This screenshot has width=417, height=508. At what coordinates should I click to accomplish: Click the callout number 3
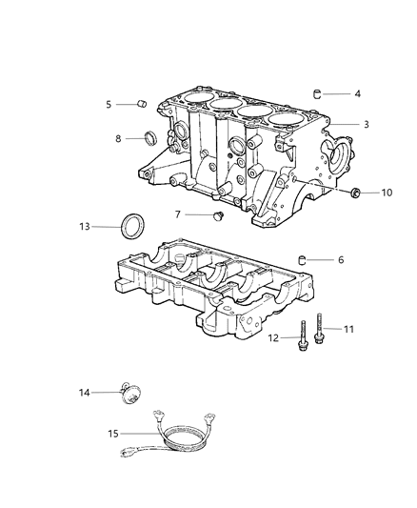(x=365, y=125)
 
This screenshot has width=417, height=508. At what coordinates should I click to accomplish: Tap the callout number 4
(x=357, y=94)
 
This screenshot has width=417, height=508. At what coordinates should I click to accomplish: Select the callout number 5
(x=109, y=104)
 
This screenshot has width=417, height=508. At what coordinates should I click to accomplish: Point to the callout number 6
(x=341, y=259)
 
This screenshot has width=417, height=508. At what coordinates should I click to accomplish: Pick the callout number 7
(x=177, y=213)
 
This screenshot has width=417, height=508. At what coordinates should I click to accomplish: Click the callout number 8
(x=118, y=139)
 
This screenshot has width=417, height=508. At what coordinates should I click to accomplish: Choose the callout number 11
(x=347, y=329)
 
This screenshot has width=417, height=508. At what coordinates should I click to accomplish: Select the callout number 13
(x=85, y=227)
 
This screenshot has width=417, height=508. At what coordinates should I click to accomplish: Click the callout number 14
(x=83, y=392)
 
